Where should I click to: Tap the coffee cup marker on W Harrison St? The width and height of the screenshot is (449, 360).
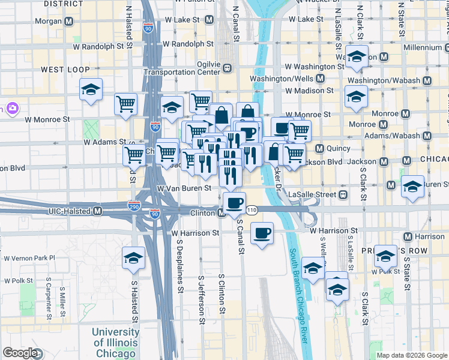coord(262,232)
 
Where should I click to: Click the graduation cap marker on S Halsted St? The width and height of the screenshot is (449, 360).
coord(133,258)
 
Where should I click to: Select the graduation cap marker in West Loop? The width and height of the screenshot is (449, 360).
coord(91,89)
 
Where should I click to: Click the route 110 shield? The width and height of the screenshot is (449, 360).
coord(252,210)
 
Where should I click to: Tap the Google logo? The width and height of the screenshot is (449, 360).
coord(20,353)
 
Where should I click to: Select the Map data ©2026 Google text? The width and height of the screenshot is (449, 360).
coord(411,355)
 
